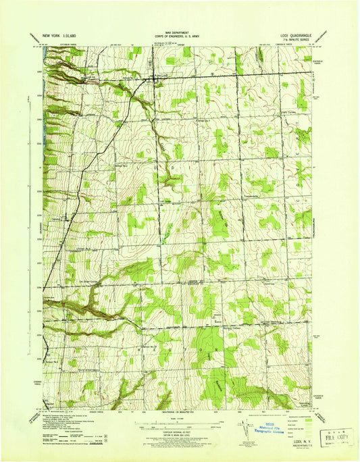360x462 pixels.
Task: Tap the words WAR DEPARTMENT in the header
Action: click(179, 30)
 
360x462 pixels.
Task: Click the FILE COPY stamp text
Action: click(329, 436)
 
